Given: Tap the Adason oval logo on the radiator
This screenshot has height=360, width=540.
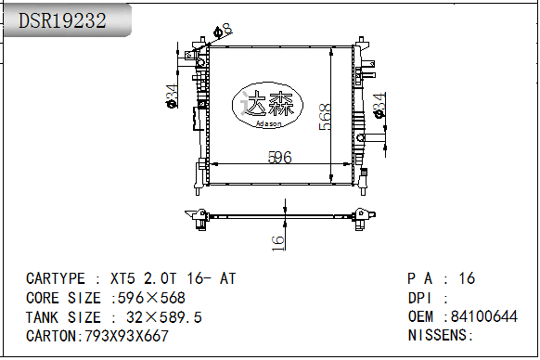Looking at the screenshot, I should point(268,108).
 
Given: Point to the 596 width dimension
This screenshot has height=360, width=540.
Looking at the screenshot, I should point(280,158).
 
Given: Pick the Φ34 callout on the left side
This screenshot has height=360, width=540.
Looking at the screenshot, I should point(172,96).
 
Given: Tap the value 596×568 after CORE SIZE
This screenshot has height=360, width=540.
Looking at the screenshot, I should point(148,298).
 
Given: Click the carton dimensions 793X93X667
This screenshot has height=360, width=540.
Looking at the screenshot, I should point(127,336).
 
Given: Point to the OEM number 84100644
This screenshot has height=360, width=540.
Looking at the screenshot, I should point(483,317).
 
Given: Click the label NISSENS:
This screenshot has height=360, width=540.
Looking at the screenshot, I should point(441,336).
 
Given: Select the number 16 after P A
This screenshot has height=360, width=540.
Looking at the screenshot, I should point(467,278).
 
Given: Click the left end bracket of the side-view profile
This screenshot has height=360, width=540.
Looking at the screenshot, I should point(199,218).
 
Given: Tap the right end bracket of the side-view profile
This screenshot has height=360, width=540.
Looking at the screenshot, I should point(363,217).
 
